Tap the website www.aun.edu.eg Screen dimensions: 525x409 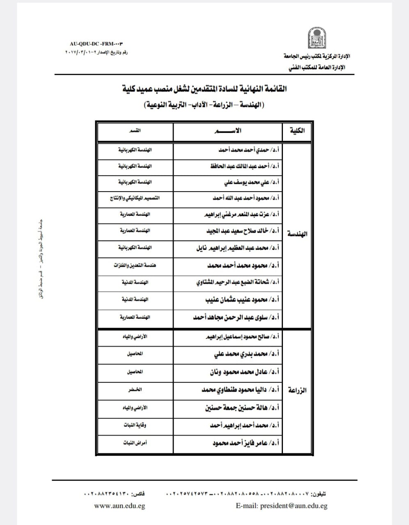[x=119, y=506]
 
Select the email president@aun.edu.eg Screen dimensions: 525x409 [x=282, y=506]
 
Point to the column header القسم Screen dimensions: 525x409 [x=135, y=131]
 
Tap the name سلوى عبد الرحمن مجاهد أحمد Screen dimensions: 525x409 [x=237, y=317]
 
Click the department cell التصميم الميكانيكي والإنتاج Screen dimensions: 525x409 [x=135, y=198]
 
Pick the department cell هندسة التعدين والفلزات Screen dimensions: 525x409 [x=135, y=265]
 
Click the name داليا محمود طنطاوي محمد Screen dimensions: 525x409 [x=241, y=390]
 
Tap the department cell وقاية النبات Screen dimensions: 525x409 [x=135, y=425]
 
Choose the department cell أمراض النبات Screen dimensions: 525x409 [x=135, y=443]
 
